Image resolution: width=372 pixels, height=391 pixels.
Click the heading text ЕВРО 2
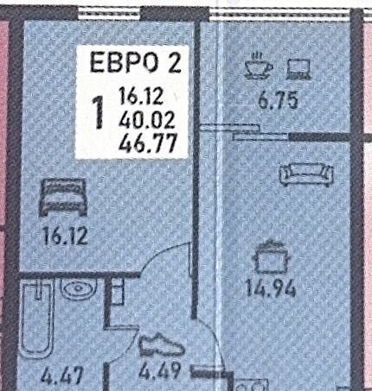(x=136, y=62)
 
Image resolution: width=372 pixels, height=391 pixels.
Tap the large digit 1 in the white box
(x=99, y=112)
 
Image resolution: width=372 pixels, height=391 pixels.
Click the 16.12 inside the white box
(x=141, y=97)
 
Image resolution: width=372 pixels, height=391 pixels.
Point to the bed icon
(x=63, y=197)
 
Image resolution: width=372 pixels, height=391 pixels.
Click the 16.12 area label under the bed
(x=65, y=236)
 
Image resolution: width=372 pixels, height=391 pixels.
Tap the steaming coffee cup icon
(x=258, y=66)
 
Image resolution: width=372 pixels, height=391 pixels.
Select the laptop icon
(x=298, y=69)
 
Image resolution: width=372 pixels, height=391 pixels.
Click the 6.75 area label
(x=278, y=101)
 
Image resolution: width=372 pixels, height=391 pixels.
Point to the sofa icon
(x=306, y=174)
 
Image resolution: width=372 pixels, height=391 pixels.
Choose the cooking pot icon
(x=271, y=257)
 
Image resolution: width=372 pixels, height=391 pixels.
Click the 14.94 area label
(x=270, y=288)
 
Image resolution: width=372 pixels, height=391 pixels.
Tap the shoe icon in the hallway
(x=162, y=345)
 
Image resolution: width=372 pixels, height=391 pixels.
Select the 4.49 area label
(x=160, y=370)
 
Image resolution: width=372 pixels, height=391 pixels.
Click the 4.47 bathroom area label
(x=62, y=375)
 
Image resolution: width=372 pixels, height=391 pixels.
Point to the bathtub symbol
(x=37, y=319)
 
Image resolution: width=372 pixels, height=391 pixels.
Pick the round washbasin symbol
(x=78, y=289)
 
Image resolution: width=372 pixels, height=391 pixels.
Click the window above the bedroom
(x=109, y=13)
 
